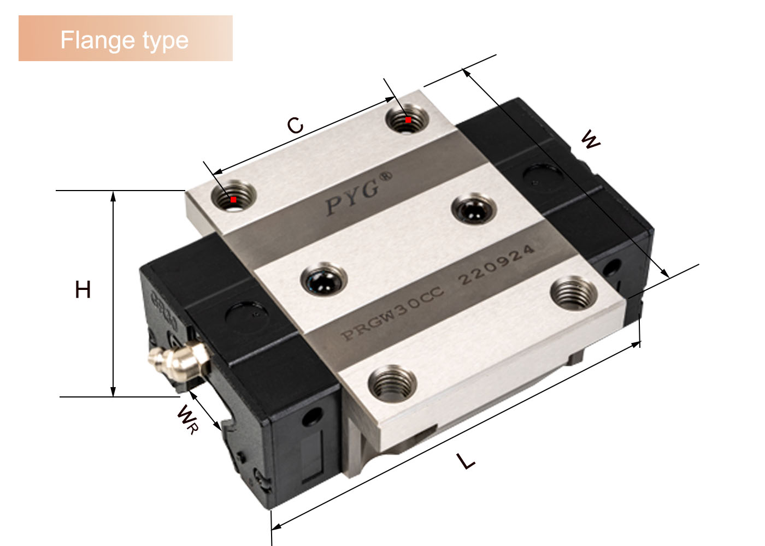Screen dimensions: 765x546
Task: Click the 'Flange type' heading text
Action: [125, 40]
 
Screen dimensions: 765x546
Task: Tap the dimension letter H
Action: [83, 289]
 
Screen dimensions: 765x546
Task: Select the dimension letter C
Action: [295, 125]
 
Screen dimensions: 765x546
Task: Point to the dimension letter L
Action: [466, 461]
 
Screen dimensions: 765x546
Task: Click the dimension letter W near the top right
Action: [591, 140]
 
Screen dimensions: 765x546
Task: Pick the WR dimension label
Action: [187, 419]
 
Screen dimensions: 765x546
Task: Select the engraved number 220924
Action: [496, 265]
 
